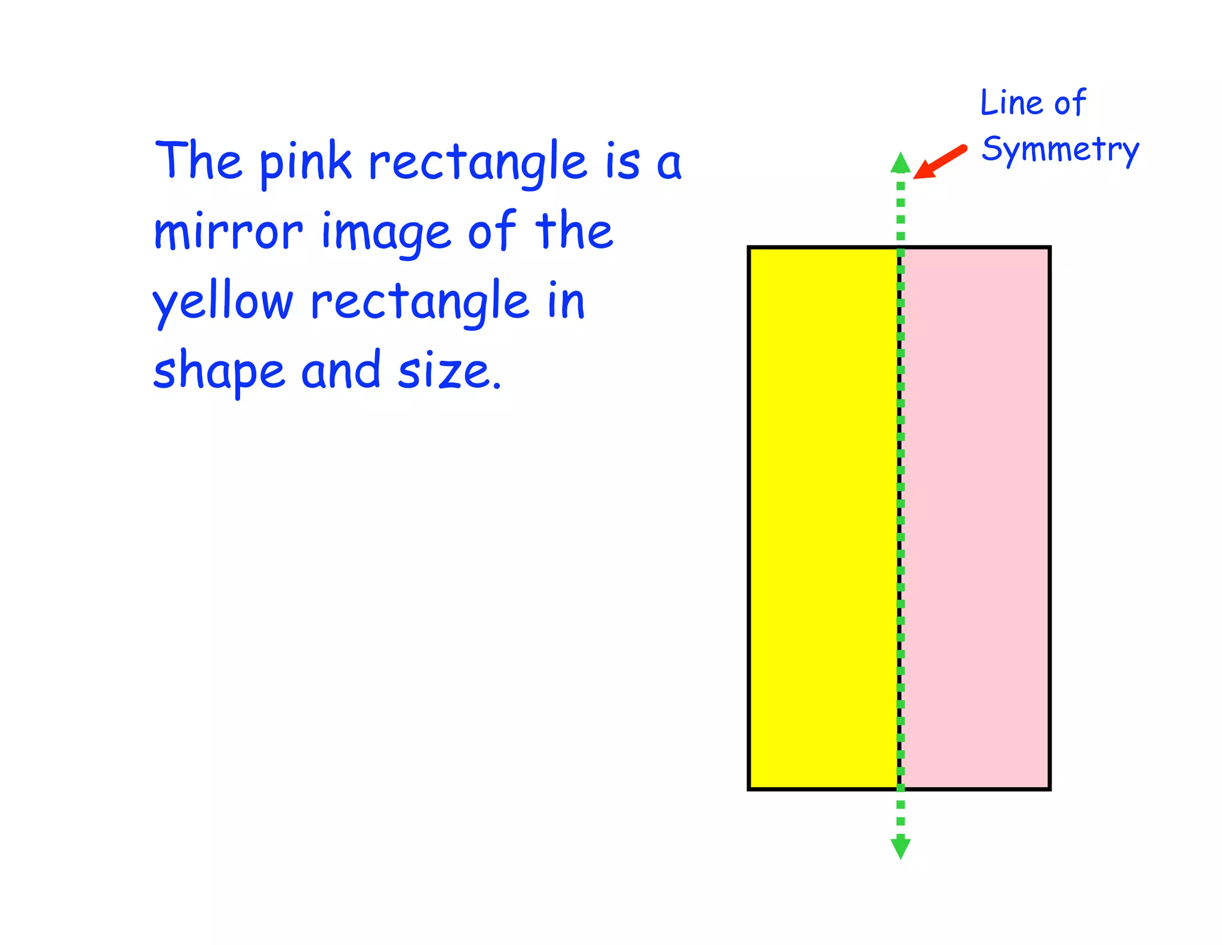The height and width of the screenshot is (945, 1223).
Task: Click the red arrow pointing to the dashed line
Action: (939, 162)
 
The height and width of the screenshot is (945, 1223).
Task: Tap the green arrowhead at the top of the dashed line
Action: (901, 163)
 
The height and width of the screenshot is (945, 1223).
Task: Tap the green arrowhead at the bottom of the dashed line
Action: (901, 848)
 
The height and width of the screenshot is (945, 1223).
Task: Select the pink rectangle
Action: (976, 518)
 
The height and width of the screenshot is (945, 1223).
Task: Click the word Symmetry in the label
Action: (1060, 149)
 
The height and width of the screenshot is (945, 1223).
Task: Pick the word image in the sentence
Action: (386, 233)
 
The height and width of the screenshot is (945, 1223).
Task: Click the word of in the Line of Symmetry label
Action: (1070, 103)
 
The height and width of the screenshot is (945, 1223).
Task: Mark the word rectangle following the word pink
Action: (478, 162)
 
